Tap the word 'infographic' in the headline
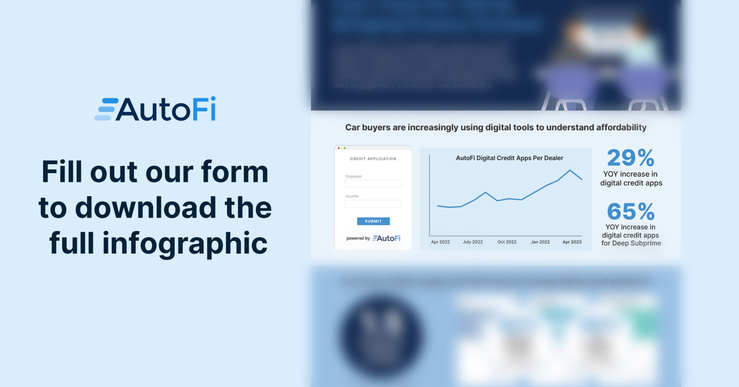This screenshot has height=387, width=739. pos(185,243)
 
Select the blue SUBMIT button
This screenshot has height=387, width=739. pos(373,221)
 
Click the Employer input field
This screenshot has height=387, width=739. pos(373,184)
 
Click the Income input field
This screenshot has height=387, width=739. pos(373,204)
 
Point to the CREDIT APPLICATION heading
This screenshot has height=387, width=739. pos(373,159)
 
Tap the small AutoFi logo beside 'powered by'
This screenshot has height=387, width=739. pos(386,238)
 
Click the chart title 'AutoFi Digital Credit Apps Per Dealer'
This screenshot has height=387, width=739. pos(509,158)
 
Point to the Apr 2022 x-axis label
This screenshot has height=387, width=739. pos(440,242)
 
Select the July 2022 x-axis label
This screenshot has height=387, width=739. pos(473,242)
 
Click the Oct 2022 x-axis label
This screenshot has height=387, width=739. pos(507,242)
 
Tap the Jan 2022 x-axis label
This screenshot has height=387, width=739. pos(540,242)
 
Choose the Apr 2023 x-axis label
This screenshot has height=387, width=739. pos(572,242)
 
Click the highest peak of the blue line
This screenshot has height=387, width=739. pos(570,170)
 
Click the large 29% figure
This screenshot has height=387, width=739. pos(631,158)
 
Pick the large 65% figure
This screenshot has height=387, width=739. pos(631,211)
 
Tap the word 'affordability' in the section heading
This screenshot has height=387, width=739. pos(621,127)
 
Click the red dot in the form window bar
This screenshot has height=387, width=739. pos(338,148)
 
